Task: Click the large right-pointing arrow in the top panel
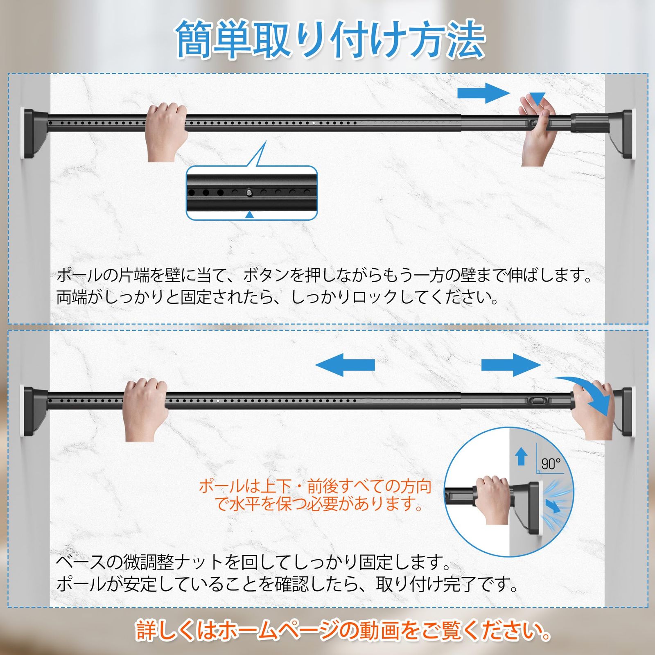(483, 93)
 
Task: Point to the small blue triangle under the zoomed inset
(250, 215)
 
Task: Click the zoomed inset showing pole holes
(252, 193)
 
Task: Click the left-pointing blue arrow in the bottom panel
(345, 365)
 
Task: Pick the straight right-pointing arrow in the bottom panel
(511, 365)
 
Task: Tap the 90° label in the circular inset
(551, 464)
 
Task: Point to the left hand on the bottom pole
(145, 409)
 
